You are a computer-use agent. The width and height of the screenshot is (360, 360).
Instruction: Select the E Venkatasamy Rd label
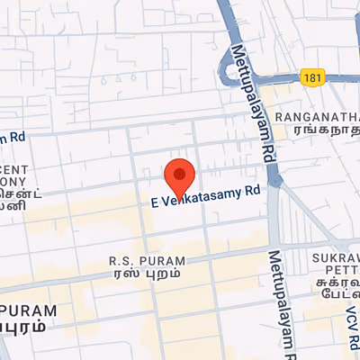[205, 195]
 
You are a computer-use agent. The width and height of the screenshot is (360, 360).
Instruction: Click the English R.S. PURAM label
[147, 261]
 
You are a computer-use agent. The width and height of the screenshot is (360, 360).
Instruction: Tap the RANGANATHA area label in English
[317, 117]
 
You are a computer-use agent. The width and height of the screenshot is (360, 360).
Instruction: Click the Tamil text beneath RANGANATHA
[317, 130]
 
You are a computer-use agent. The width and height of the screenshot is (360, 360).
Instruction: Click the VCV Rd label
[352, 328]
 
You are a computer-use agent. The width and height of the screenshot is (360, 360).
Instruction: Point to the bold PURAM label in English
[28, 310]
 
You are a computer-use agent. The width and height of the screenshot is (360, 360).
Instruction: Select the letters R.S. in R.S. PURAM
[121, 261]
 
